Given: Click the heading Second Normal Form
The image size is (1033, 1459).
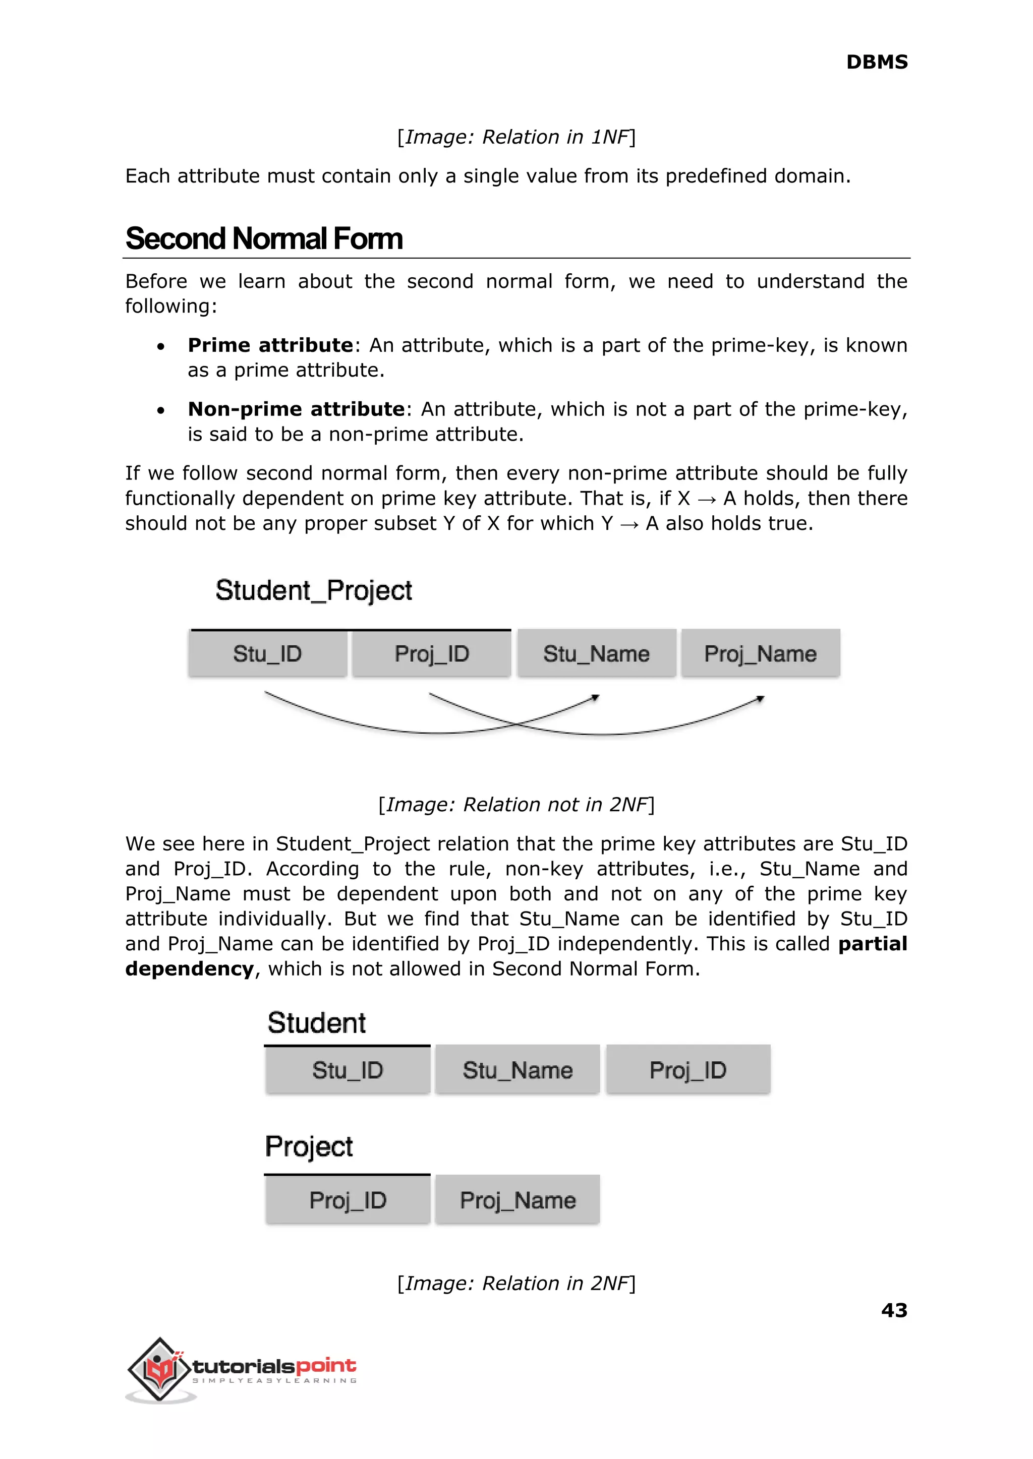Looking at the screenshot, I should coord(264,238).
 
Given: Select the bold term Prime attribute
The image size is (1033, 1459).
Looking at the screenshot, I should coord(270,345).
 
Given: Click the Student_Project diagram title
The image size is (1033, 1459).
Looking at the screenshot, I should coord(314,590).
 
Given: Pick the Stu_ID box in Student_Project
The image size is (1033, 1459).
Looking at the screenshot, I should coord(267,653).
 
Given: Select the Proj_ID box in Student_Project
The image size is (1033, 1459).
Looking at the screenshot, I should coord(431,653).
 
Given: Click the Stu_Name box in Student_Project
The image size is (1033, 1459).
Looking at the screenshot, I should coord(596,653).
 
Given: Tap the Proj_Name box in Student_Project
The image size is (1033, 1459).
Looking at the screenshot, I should coord(760,653).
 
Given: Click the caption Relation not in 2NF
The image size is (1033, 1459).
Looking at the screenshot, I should coord(516,804).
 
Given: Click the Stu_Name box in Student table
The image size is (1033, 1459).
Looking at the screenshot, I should coord(517,1070).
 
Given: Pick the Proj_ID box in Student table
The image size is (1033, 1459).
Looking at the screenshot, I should coord(687,1070).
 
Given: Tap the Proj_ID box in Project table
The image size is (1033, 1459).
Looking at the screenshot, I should coord(348,1200).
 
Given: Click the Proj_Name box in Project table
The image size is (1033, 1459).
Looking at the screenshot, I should coord(517,1200).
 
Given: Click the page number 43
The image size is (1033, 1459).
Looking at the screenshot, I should coord(894,1310).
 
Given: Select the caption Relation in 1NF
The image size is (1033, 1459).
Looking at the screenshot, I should coord(516,137).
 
